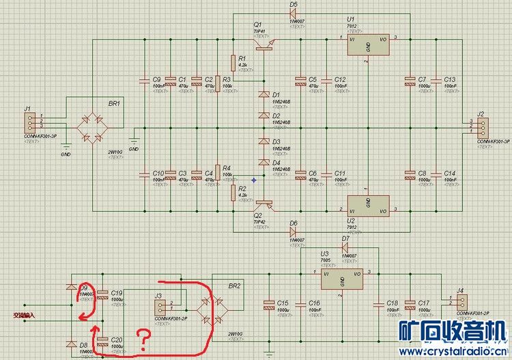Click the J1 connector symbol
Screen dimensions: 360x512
[29, 123]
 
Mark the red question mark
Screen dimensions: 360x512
[143, 339]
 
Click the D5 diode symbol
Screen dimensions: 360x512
[294, 14]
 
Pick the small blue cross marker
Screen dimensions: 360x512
[253, 180]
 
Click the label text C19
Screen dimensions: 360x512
[117, 292]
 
